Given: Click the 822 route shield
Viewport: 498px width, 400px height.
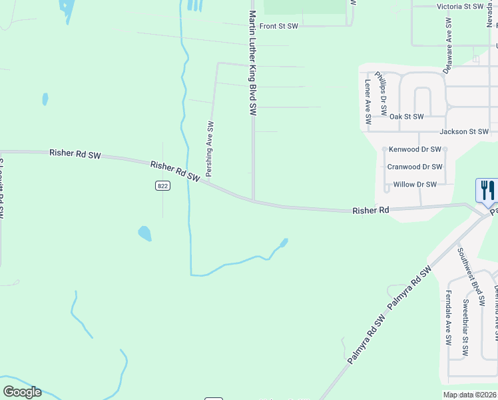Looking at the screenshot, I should (163, 186).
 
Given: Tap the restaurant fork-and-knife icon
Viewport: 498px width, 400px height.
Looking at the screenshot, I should (487, 191).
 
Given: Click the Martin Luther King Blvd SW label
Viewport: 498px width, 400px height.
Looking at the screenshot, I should (253, 63).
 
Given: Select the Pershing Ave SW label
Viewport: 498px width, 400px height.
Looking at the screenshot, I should (209, 149).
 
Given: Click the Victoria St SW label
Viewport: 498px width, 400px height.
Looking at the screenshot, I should (459, 6).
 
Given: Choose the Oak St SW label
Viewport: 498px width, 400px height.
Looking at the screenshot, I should (406, 117).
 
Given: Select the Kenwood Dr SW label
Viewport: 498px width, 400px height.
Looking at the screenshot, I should (415, 149).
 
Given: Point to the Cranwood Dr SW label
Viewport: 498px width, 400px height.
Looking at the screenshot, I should (415, 167).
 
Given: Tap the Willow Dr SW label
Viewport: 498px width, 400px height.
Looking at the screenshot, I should (415, 184).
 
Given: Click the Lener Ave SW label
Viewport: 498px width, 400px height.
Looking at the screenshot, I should (368, 102).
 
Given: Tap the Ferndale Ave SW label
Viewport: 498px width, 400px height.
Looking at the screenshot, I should (449, 317).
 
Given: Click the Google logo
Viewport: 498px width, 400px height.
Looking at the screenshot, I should (22, 392).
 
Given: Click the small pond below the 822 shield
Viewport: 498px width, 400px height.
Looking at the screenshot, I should (144, 233).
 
